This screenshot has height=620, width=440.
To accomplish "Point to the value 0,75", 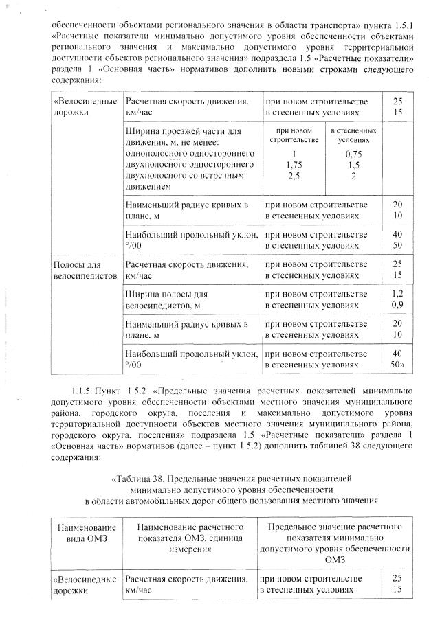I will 353,155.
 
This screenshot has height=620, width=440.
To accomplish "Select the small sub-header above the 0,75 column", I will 353,135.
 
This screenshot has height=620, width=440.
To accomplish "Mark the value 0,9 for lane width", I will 397,304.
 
